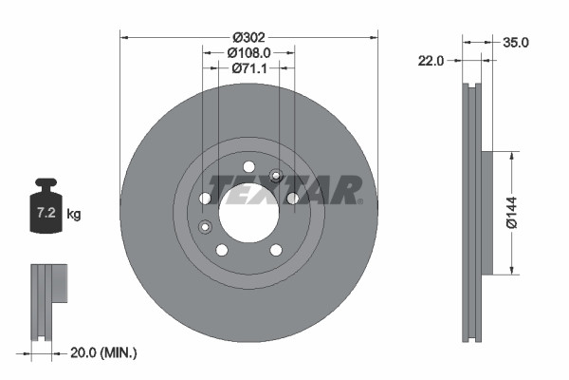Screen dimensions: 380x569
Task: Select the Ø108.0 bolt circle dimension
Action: (x=249, y=52)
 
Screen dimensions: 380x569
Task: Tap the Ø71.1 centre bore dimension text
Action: (x=249, y=68)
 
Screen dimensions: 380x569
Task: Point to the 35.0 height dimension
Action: (x=516, y=43)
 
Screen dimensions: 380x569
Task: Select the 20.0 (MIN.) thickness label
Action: (x=104, y=352)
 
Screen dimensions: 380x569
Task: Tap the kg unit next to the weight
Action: (x=74, y=216)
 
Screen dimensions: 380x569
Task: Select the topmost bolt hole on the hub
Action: (x=248, y=166)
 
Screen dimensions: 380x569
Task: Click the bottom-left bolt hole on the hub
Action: (x=222, y=250)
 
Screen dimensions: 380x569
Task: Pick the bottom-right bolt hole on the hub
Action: (x=276, y=250)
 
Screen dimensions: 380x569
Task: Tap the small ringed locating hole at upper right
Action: (x=277, y=175)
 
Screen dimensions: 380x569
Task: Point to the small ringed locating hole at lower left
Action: (x=205, y=226)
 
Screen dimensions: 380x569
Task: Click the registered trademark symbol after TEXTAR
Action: (x=361, y=202)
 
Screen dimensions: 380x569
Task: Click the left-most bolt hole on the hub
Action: (x=205, y=198)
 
